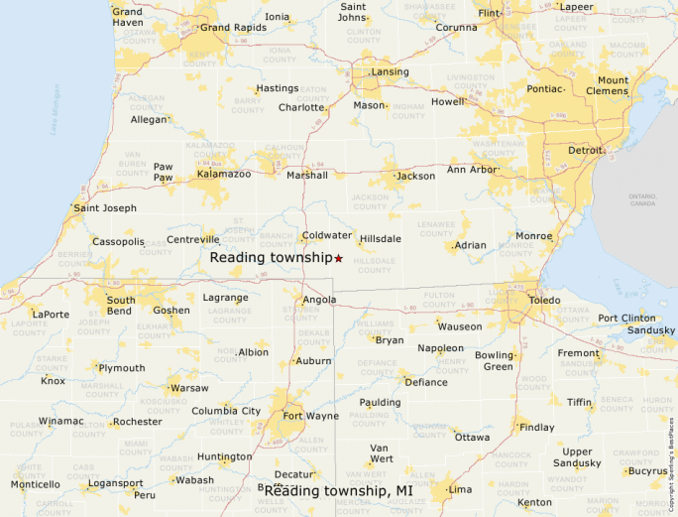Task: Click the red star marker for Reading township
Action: (339, 258)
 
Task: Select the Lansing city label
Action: (390, 72)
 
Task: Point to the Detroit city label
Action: (585, 151)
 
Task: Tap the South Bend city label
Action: (121, 305)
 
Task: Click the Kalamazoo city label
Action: (223, 174)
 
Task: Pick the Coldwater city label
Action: (327, 235)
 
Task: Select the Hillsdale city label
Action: (381, 239)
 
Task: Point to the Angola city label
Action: (320, 300)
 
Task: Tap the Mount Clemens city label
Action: (613, 85)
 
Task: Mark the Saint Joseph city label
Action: (105, 208)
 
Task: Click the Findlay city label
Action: (537, 428)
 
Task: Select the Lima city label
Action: (460, 489)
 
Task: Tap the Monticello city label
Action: (35, 484)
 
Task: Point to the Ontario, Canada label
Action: (642, 199)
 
